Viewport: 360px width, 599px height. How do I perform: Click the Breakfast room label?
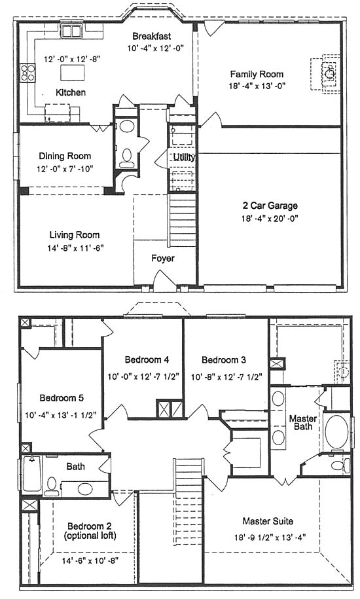point(151,36)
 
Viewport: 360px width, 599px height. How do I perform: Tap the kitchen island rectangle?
point(73,72)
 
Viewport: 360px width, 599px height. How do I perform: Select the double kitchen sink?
point(72,31)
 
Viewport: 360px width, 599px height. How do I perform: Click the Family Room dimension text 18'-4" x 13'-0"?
point(257,86)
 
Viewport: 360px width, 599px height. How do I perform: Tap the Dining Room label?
point(65,156)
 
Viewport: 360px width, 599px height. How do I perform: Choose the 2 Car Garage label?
point(270,206)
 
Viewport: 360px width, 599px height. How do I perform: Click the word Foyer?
point(162,258)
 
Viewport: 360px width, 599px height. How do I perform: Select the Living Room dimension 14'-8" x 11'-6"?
point(75,248)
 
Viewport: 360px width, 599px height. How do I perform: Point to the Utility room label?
point(185,157)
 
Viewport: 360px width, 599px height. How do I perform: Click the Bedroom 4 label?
point(147,359)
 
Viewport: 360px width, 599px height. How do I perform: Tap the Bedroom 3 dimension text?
point(226,376)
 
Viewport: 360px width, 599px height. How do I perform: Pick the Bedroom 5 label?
point(62,398)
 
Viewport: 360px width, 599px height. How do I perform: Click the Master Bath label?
point(303,422)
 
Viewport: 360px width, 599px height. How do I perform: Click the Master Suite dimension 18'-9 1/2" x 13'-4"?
point(270,537)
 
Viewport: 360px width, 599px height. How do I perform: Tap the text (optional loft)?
point(90,535)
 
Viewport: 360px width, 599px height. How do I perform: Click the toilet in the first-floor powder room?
point(126,157)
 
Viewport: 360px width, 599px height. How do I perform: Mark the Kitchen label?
point(71,92)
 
